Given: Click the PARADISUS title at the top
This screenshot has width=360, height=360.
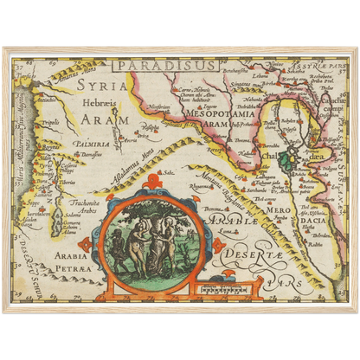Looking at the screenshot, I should pyautogui.click(x=154, y=64).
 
